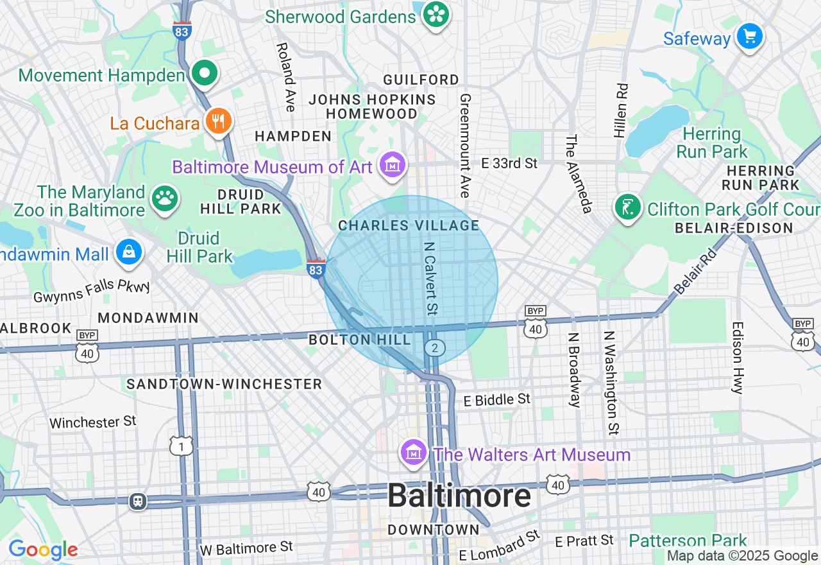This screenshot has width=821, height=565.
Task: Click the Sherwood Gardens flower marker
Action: pyautogui.click(x=437, y=14)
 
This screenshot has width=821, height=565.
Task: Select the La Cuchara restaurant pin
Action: pyautogui.click(x=218, y=121)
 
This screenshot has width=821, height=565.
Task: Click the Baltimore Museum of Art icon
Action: pyautogui.click(x=393, y=166)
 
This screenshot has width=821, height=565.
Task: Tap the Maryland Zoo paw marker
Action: pyautogui.click(x=165, y=199)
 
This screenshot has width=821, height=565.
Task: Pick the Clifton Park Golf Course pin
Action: pyautogui.click(x=628, y=207)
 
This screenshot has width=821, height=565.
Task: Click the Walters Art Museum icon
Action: pyautogui.click(x=414, y=453)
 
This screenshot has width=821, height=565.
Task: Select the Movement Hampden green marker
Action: pyautogui.click(x=205, y=74)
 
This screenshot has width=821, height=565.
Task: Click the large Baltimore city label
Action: pyautogui.click(x=459, y=496)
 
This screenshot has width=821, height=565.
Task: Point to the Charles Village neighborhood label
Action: pyautogui.click(x=409, y=225)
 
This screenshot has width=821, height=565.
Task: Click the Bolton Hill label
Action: pyautogui.click(x=360, y=340)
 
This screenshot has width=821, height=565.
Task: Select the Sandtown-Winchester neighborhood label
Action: pyautogui.click(x=224, y=384)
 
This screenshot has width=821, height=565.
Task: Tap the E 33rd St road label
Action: pyautogui.click(x=509, y=163)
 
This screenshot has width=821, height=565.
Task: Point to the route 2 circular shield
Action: pyautogui.click(x=434, y=348)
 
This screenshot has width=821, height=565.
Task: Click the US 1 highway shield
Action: pyautogui.click(x=182, y=446)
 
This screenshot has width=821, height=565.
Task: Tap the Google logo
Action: pyautogui.click(x=43, y=550)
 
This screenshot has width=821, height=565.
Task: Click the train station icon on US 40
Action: pyautogui.click(x=138, y=501)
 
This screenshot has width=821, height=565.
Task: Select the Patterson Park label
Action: pyautogui.click(x=688, y=540)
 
